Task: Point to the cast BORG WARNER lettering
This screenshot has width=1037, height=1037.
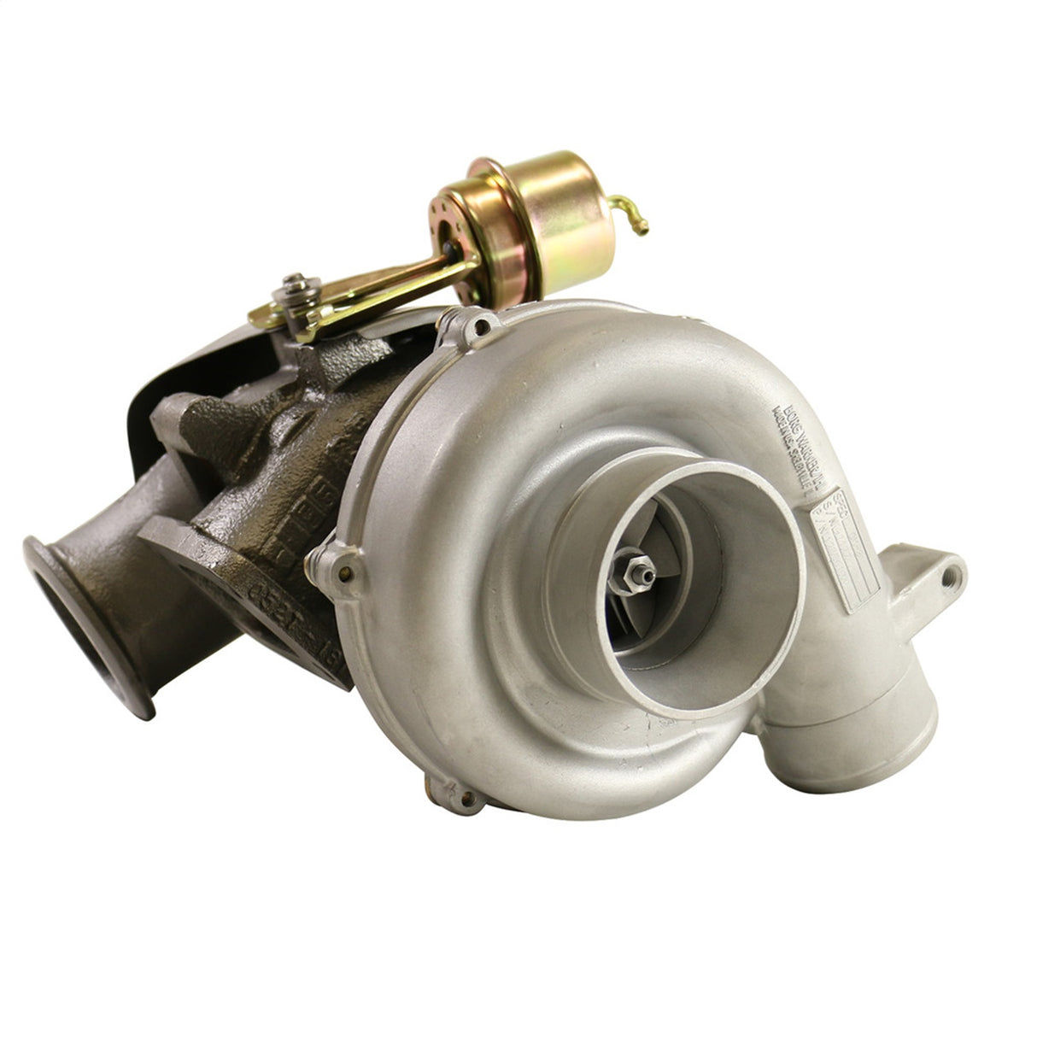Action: (790, 444)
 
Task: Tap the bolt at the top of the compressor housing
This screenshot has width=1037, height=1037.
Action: (482, 325)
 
